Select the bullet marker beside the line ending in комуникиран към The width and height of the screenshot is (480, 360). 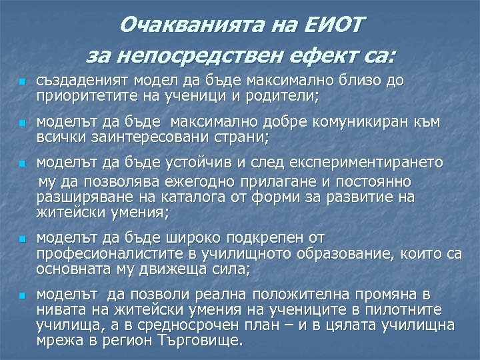tap(21, 124)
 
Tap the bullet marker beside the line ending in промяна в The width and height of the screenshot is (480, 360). tap(21, 295)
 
